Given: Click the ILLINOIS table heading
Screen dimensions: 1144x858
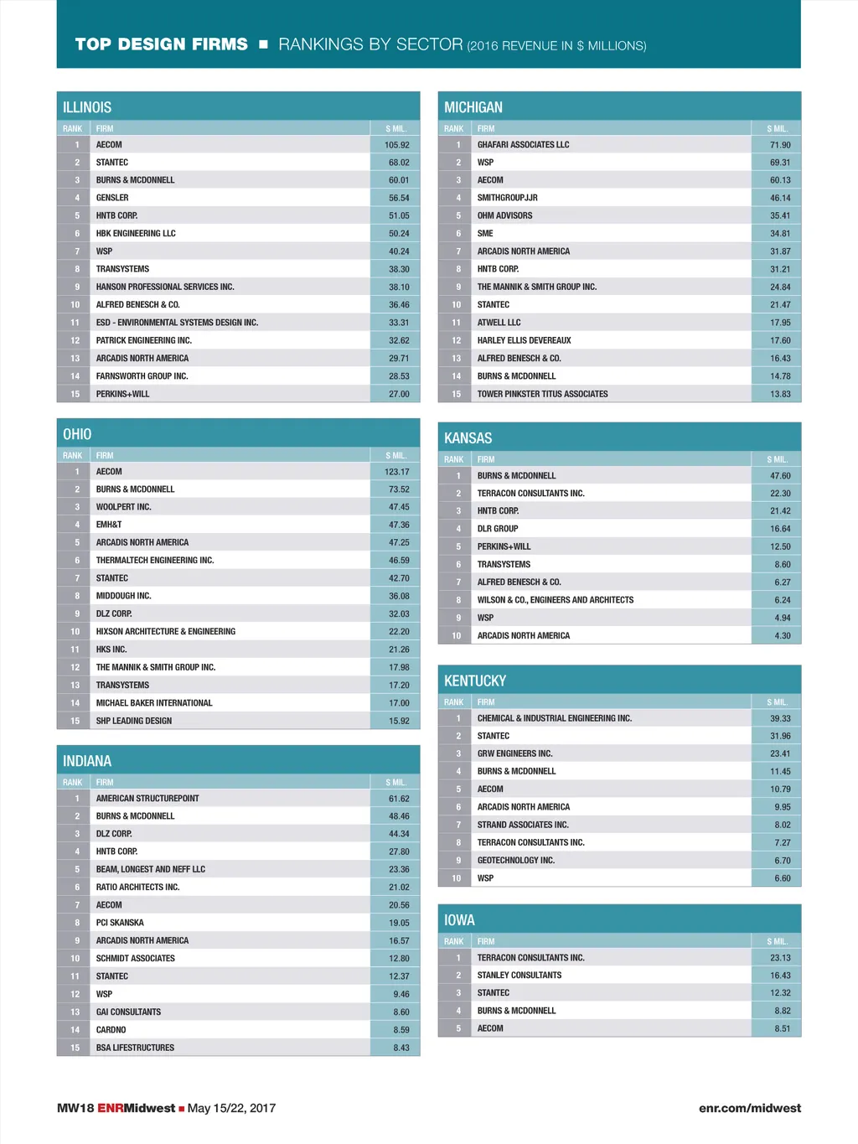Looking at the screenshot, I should tap(87, 107).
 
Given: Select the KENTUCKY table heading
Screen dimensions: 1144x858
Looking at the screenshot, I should tap(475, 681).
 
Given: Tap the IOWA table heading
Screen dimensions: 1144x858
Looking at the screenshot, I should tap(459, 920).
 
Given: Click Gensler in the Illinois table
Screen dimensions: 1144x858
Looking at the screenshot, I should tap(112, 198).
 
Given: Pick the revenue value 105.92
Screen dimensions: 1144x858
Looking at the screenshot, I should tap(397, 145).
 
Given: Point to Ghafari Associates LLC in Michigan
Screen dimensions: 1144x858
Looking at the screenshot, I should tap(523, 145).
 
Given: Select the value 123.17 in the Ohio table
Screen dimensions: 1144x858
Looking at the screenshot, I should tap(397, 472).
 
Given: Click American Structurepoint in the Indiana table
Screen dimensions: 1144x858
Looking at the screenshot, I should tap(147, 799).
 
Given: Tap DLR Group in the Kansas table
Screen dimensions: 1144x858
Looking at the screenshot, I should tap(498, 529).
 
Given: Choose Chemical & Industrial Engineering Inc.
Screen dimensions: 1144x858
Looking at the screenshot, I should tap(555, 718).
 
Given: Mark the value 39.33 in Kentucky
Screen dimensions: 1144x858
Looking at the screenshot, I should tap(780, 718).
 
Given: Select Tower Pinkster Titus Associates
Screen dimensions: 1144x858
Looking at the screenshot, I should tap(543, 394).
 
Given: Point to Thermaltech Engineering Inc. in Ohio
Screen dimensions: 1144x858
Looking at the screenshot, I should tap(155, 560).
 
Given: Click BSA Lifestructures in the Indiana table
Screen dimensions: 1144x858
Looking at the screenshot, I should tap(135, 1048).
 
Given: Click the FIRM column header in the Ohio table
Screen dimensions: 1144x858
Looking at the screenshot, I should tap(105, 456).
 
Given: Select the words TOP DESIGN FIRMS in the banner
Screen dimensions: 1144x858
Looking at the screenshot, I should tap(162, 44).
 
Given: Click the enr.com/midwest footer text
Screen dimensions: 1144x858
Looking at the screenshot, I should tap(750, 1108).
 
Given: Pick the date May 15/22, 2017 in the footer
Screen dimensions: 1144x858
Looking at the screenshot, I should tap(232, 1108).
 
